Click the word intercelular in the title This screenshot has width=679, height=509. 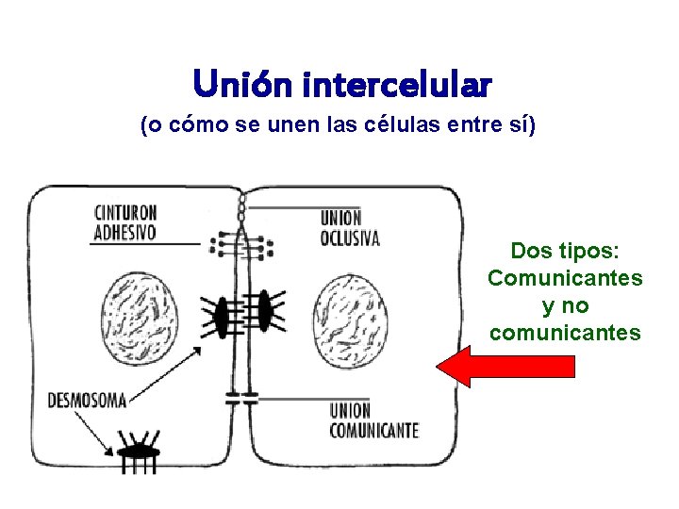coord(397,85)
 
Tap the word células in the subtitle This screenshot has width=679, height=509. coord(403,125)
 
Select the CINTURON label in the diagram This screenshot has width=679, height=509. coord(125,212)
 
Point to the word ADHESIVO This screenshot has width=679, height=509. coord(125,231)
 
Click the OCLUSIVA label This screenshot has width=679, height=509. coord(350,238)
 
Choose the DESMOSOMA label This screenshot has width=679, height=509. coord(87,401)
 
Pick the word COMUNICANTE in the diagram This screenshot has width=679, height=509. coord(373,431)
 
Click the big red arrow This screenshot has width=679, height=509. coord(509,366)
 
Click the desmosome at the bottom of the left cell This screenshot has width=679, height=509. coord(139,450)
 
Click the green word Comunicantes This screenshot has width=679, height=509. coord(565,278)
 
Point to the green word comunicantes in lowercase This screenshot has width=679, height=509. coord(565,333)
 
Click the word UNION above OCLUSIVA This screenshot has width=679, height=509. coord(341,219)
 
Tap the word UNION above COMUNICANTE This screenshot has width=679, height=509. coord(350,411)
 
